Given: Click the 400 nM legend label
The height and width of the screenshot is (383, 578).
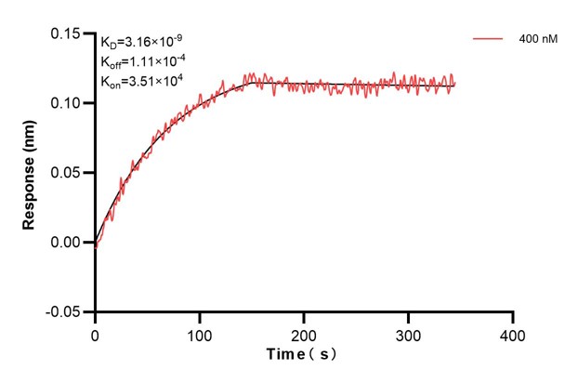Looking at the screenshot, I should [538, 40].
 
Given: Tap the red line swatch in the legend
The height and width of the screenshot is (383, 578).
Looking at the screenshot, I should [489, 40].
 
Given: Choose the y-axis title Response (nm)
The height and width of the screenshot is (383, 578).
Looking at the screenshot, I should [31, 172].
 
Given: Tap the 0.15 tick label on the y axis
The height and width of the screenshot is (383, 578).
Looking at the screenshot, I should [68, 33].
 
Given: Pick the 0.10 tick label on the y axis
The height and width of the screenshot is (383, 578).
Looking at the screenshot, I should [68, 103].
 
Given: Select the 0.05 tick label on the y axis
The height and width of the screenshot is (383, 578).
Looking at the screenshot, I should [68, 173].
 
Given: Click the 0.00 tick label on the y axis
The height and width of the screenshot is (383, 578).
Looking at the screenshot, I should [68, 243].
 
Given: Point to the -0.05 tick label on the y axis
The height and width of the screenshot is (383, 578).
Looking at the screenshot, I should [65, 312].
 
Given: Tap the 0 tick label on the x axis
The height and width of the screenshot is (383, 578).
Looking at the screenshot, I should [95, 333].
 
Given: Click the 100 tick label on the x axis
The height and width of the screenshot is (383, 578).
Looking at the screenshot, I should [199, 333].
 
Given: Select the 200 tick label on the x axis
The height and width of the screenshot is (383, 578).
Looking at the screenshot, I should [304, 333].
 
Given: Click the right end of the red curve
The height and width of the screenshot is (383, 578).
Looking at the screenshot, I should [455, 85].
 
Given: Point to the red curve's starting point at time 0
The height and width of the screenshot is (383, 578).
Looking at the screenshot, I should [95, 245].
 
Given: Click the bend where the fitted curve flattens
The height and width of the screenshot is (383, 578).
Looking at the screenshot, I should [249, 83].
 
